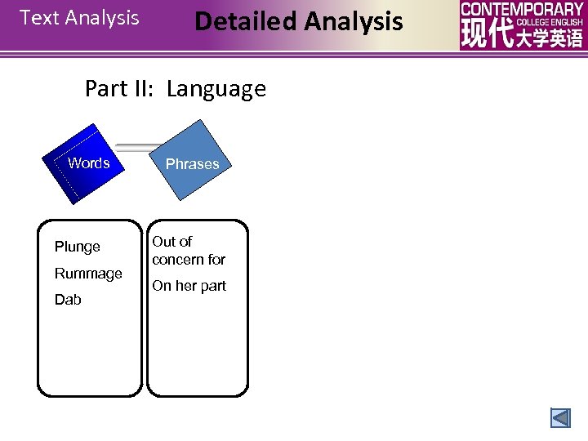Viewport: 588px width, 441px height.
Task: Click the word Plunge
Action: click(78, 247)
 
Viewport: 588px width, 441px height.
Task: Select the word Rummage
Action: click(88, 274)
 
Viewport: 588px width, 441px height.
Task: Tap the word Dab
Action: click(68, 300)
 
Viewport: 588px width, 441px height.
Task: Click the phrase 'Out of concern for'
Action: click(188, 251)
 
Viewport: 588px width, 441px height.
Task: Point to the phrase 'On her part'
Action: click(189, 286)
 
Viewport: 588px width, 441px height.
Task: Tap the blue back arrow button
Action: click(560, 418)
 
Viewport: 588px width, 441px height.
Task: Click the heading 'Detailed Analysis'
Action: click(298, 21)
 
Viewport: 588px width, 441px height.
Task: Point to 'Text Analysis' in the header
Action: click(79, 18)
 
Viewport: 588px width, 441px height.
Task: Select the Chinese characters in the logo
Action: click(522, 37)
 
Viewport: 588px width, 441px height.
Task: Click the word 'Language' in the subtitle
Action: click(216, 89)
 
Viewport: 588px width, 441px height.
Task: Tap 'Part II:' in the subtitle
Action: click(121, 89)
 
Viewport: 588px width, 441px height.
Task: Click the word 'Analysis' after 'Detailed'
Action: click(353, 21)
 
